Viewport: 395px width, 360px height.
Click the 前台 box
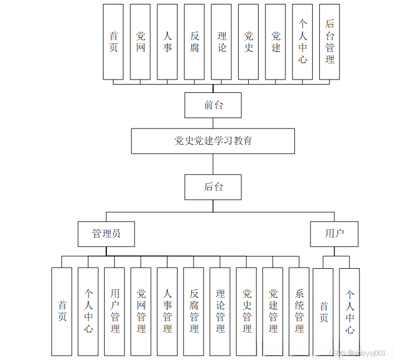[x=213, y=105]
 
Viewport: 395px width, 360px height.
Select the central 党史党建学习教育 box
[x=213, y=141]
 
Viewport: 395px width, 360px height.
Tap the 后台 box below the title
[x=213, y=187]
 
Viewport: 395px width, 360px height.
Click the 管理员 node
[x=106, y=234]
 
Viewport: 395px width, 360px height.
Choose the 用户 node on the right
[x=334, y=234]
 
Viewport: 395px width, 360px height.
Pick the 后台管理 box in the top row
[x=330, y=42]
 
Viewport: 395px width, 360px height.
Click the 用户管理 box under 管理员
[x=115, y=311]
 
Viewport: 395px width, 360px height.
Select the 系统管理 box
[x=299, y=311]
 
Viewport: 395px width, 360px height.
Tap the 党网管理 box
[x=141, y=311]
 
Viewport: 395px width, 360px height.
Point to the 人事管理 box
[x=167, y=311]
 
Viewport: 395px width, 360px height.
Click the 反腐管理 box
[x=194, y=311]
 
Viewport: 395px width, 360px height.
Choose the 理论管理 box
[x=220, y=311]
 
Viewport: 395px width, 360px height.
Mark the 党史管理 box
[x=246, y=311]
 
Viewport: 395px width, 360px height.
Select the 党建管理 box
[x=273, y=311]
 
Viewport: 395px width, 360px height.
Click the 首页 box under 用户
[x=323, y=311]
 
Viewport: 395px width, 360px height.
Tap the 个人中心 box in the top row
[x=303, y=42]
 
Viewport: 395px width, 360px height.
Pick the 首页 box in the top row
[x=113, y=42]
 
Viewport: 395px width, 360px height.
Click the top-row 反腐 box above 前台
[x=194, y=42]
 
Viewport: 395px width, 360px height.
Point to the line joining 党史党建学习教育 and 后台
[x=213, y=164]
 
